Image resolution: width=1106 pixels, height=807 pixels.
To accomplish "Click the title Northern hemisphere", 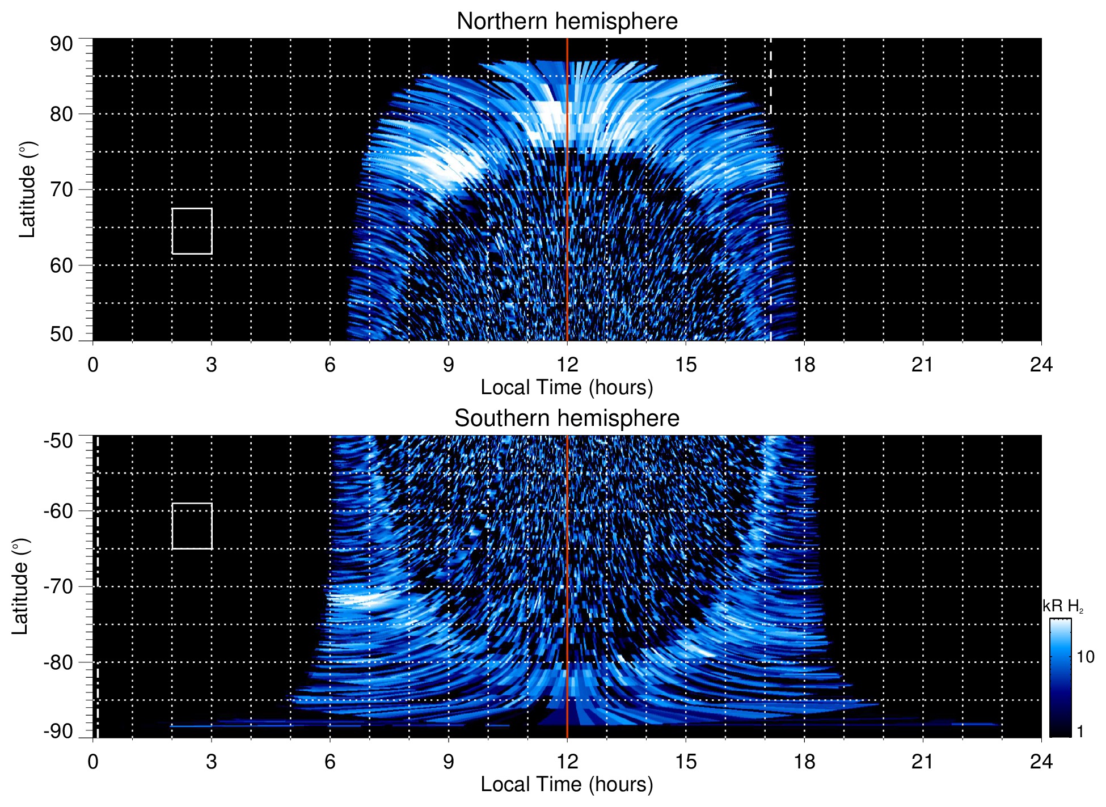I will (x=567, y=22).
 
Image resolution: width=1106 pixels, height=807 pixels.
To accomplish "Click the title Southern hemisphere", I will (x=567, y=419).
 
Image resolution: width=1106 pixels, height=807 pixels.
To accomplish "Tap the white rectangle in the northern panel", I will (x=192, y=231).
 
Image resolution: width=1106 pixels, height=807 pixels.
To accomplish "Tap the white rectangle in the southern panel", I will (x=192, y=526).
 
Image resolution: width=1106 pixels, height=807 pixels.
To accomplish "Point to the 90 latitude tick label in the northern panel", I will (x=61, y=44).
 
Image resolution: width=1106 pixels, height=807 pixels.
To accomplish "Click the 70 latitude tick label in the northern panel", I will (x=61, y=189).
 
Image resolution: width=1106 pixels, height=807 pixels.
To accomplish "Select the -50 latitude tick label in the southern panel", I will (x=58, y=441).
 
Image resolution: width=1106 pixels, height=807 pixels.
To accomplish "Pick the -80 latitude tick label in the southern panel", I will (x=58, y=662).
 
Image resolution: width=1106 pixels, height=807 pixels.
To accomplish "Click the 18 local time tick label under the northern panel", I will (x=804, y=365).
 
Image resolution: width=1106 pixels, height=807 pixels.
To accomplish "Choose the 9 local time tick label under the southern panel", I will (x=449, y=762).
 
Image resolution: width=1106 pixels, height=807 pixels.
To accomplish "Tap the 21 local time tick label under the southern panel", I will (x=923, y=762).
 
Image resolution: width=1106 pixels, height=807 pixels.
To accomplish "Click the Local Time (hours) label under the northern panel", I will (x=567, y=387).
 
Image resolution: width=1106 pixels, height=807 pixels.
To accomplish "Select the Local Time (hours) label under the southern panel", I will (x=567, y=784).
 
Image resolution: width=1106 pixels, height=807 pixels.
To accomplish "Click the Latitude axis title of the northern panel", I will (x=27, y=189).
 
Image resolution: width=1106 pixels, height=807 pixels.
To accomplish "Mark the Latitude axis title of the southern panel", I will (x=20, y=586).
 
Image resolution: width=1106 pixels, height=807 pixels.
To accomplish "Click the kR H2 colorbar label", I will (x=1063, y=606).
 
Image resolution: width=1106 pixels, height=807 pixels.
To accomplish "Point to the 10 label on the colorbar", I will (x=1085, y=657).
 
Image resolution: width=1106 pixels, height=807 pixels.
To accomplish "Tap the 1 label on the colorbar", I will (x=1080, y=732).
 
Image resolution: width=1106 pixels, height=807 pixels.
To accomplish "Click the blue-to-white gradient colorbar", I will (x=1059, y=678).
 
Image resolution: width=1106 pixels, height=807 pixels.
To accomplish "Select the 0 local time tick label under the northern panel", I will (x=93, y=365).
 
